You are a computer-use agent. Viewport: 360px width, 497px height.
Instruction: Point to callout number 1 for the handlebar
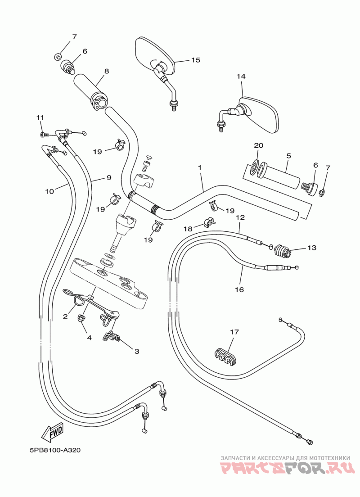pos(200,167)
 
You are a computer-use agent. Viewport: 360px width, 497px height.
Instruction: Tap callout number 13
pos(312,248)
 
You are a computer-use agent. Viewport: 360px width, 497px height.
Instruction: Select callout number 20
pos(259,145)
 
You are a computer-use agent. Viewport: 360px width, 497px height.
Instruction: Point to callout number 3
pos(137,351)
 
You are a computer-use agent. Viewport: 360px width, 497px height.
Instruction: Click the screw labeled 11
pos(45,135)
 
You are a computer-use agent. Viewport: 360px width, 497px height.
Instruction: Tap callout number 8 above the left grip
pos(107,71)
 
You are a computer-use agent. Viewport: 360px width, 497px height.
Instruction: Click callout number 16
pos(239,289)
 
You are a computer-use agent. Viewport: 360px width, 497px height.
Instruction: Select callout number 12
pos(241,218)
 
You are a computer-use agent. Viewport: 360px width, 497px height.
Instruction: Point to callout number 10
pos(49,191)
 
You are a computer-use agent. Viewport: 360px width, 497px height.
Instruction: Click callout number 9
pos(109,178)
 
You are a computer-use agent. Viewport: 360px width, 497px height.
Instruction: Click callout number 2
pos(65,316)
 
